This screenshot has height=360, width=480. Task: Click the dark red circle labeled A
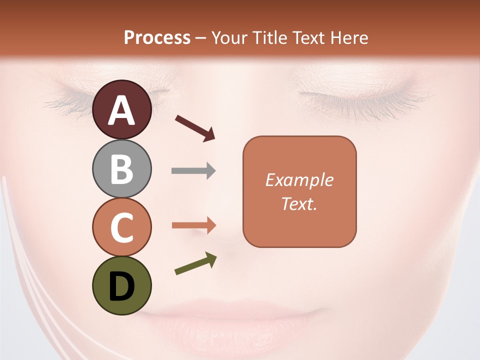[122, 109]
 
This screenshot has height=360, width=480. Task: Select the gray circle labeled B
[122, 168]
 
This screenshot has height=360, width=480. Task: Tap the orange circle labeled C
[122, 227]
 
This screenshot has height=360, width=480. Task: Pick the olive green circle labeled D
[122, 285]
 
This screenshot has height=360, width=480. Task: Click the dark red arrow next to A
[195, 127]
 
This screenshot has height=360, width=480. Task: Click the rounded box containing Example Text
[299, 191]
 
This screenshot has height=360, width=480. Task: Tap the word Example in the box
[299, 180]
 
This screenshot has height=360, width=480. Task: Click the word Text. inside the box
[299, 203]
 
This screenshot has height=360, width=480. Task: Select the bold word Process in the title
[157, 37]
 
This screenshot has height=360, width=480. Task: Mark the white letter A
[122, 110]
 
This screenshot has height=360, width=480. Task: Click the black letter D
[122, 286]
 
